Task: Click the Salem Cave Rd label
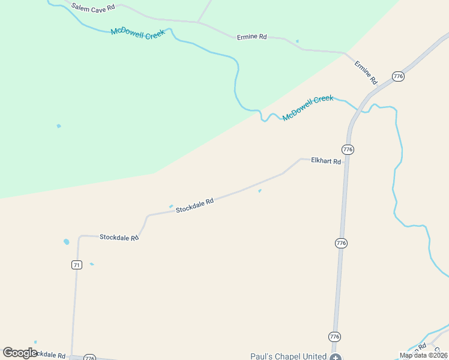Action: (93, 8)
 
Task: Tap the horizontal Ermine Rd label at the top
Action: (252, 37)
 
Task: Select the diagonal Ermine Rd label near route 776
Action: (365, 72)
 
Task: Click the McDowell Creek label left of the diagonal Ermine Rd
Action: (308, 107)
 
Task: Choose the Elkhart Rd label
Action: (326, 161)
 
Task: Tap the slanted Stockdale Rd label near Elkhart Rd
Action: (194, 206)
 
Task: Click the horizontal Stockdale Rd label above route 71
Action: (119, 238)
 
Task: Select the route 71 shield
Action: (76, 265)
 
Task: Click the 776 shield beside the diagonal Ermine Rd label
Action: (398, 76)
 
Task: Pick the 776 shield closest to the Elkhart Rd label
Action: (348, 149)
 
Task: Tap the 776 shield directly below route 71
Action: (89, 358)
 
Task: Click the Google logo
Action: (20, 353)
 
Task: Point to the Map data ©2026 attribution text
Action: (423, 355)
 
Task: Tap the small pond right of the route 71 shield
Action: (92, 264)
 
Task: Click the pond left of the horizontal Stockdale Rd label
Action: (66, 242)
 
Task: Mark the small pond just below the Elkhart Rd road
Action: (259, 191)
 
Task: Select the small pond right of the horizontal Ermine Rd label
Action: (297, 41)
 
